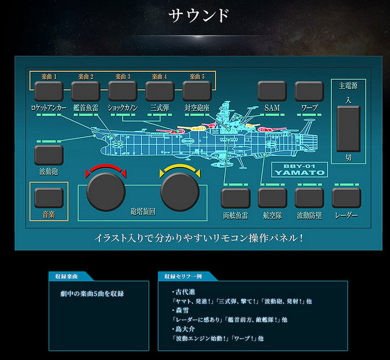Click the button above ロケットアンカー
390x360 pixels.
point(49,91)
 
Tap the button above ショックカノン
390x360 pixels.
point(122,91)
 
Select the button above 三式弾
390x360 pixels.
point(160,91)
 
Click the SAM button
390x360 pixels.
point(272,91)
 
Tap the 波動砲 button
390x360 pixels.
point(49,155)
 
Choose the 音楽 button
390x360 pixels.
point(49,198)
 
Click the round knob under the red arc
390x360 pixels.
point(105,192)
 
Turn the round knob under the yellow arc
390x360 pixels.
point(180,192)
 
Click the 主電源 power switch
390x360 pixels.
point(349,129)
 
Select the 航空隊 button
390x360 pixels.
point(272,198)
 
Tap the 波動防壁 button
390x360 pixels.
point(310,198)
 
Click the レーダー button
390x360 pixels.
point(346,198)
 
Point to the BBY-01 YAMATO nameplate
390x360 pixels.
point(299,169)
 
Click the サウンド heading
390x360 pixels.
point(199,16)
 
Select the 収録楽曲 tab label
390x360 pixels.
point(66,277)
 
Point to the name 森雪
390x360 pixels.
point(182,311)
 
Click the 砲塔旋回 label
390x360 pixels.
point(143,211)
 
